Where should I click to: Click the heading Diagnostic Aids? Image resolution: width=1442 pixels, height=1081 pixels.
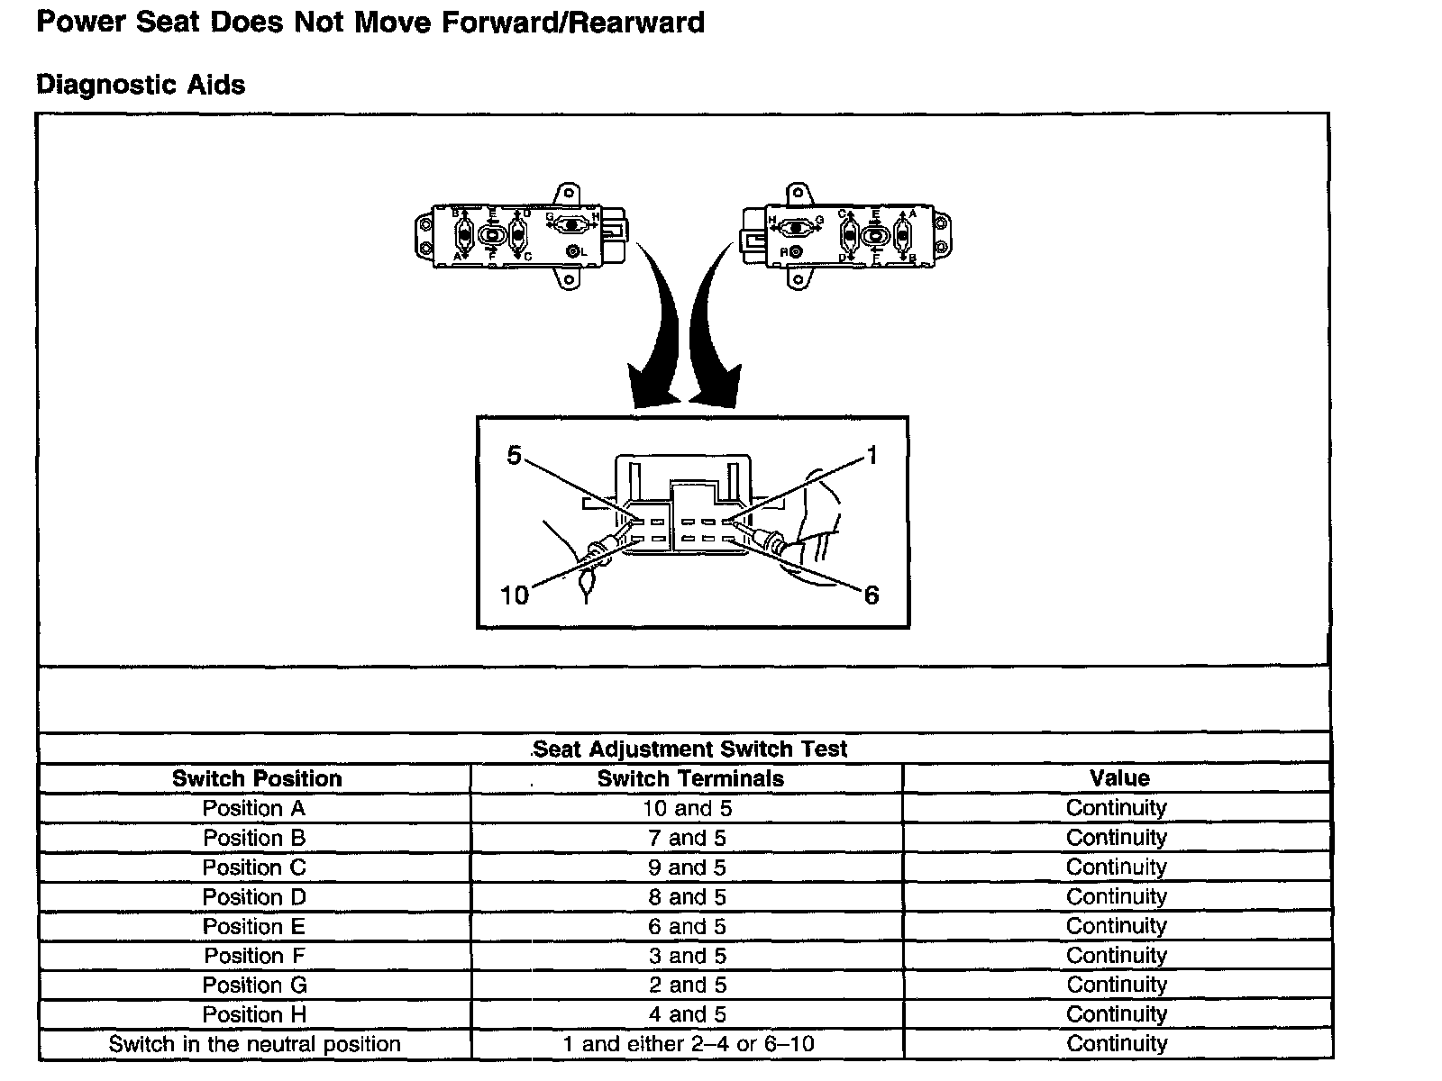(141, 85)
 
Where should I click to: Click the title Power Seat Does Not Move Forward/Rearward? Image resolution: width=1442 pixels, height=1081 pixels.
(370, 22)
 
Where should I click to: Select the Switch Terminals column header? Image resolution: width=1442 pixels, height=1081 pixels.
(690, 778)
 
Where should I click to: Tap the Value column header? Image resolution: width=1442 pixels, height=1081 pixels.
(1119, 778)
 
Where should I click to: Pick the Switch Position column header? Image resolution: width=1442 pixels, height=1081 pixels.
(257, 778)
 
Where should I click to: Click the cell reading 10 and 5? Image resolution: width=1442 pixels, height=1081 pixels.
(687, 808)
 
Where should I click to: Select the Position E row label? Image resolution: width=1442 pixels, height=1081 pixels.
(254, 926)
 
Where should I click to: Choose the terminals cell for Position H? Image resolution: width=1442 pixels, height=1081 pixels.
(687, 1014)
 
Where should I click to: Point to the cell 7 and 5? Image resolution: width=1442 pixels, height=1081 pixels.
(687, 838)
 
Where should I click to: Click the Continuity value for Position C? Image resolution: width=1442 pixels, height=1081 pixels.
(1116, 867)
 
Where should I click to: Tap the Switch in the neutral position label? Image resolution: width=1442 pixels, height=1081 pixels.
(254, 1044)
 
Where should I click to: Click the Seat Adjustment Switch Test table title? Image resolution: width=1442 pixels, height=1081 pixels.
(689, 749)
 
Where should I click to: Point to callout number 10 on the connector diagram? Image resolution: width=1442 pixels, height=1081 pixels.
(514, 595)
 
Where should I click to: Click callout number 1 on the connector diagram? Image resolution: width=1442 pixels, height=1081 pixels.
(872, 456)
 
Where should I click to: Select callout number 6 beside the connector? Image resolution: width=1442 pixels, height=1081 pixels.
(872, 595)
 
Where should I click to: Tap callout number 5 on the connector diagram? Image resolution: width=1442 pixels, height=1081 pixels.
(514, 456)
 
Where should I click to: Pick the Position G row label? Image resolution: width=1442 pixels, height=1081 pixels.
(254, 985)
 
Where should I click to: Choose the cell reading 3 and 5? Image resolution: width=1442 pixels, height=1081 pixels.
(687, 956)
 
